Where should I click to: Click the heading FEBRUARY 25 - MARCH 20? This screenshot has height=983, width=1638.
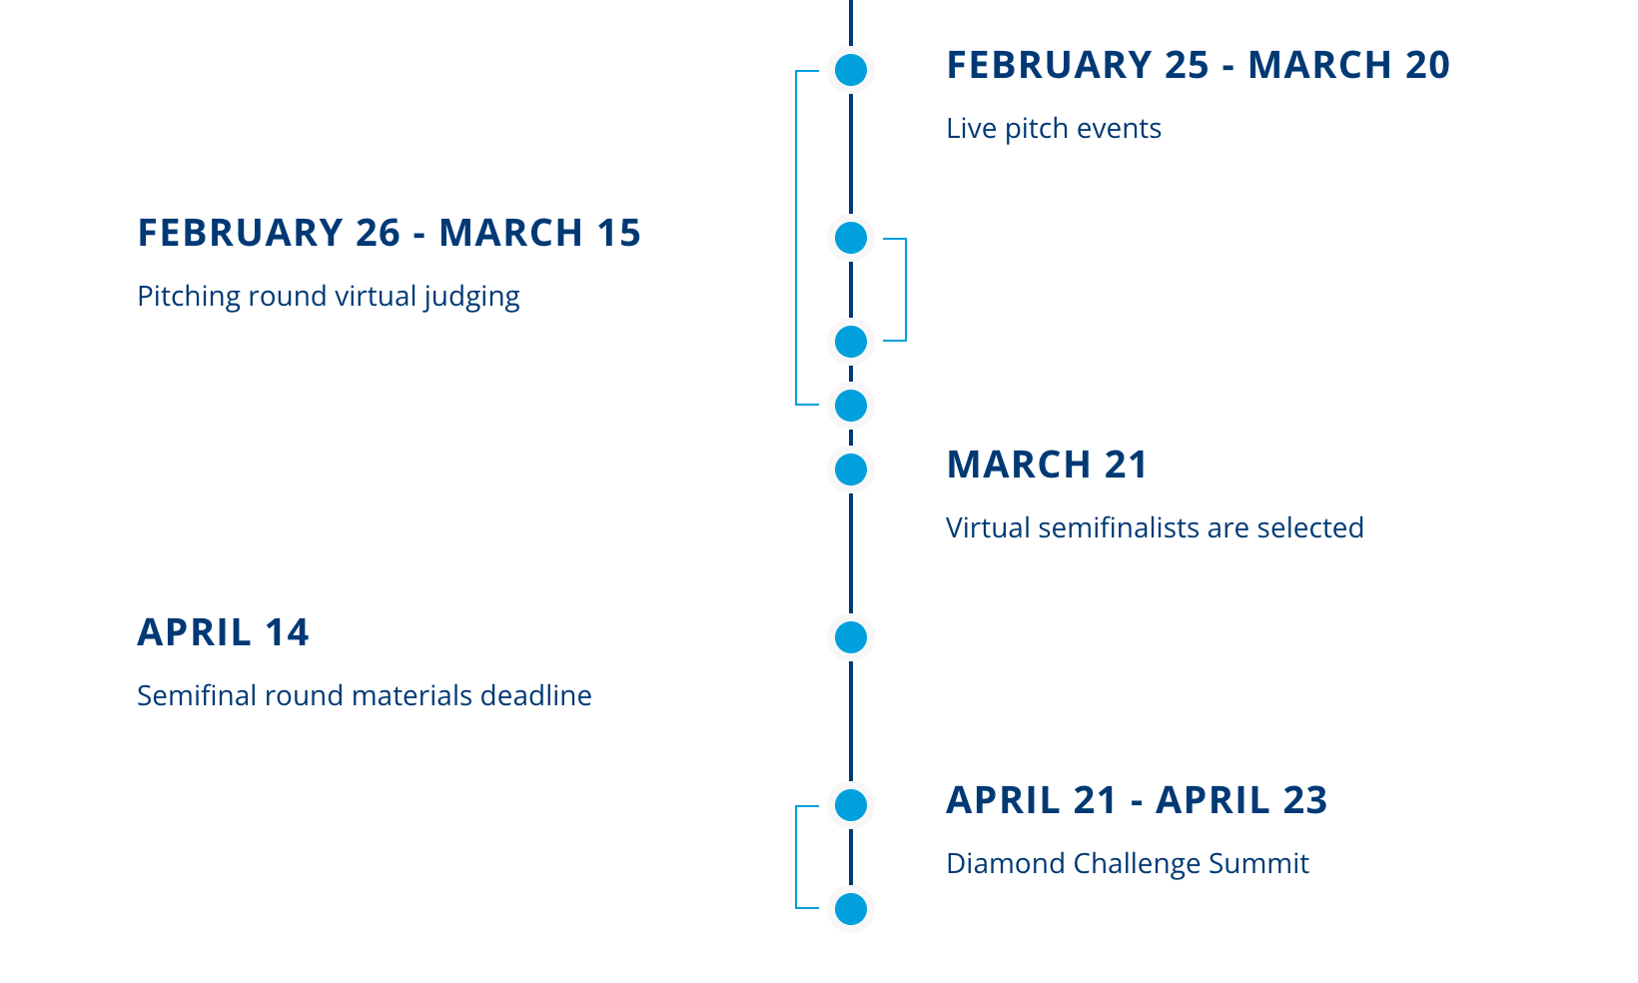click(1198, 65)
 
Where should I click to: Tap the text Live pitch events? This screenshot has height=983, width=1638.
click(1053, 129)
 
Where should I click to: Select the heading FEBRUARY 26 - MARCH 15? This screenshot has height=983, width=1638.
click(390, 233)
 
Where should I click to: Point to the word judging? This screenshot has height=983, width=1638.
click(471, 297)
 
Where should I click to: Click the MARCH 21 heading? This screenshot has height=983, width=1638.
click(1047, 465)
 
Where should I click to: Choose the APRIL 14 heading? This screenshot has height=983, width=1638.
click(223, 632)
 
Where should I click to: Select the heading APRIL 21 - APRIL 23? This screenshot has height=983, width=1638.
click(1137, 800)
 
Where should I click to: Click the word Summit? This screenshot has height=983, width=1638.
click(1258, 864)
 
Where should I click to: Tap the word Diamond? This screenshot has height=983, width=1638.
click(1006, 864)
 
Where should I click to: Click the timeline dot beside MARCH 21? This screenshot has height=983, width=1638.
click(850, 470)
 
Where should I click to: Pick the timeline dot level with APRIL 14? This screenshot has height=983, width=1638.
click(850, 637)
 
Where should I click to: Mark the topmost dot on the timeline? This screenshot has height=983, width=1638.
click(850, 70)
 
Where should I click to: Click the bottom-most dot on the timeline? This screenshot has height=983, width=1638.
click(850, 909)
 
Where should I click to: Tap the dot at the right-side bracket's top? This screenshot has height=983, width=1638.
click(850, 239)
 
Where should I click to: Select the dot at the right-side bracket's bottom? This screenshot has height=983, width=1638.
click(850, 342)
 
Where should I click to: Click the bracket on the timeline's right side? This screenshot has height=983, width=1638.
click(906, 290)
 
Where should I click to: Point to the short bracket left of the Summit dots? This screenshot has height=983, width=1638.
click(796, 857)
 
